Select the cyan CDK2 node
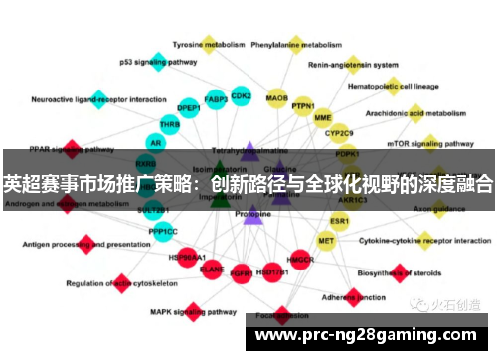click(241, 96)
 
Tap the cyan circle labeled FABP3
click(216, 98)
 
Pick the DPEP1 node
click(188, 107)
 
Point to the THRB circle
click(170, 125)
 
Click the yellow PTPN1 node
click(303, 106)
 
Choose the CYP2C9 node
click(338, 132)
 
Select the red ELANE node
click(212, 268)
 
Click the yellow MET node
click(326, 241)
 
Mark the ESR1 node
click(340, 220)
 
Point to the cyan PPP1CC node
click(163, 231)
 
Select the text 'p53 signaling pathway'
click(159, 61)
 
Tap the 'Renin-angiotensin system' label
click(354, 66)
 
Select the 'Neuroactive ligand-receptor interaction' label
click(99, 99)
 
